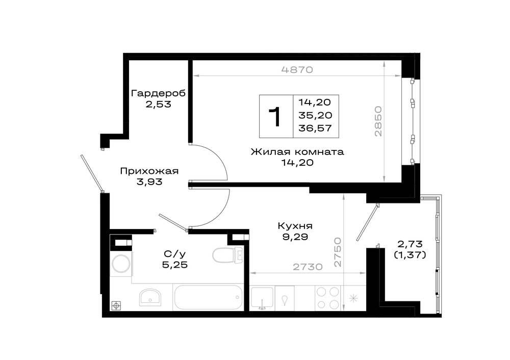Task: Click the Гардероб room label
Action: [x=158, y=94]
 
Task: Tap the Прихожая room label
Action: [x=149, y=171]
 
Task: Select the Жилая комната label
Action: [x=297, y=152]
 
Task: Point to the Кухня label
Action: [x=295, y=226]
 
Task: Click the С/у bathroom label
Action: [x=175, y=253]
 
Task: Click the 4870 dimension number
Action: [x=297, y=69]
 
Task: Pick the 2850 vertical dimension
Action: [x=378, y=121]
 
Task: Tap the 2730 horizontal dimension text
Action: [x=308, y=267]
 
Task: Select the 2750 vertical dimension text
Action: [x=338, y=252]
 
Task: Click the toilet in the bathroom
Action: [x=227, y=255]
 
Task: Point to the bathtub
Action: [x=209, y=298]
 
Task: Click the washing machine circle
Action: [x=121, y=264]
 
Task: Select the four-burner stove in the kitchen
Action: [x=327, y=298]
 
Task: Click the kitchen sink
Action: [x=262, y=298]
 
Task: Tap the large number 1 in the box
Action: [x=275, y=116]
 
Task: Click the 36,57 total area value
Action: [x=315, y=128]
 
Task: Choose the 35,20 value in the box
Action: [x=315, y=115]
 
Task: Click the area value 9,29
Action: [x=295, y=237]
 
